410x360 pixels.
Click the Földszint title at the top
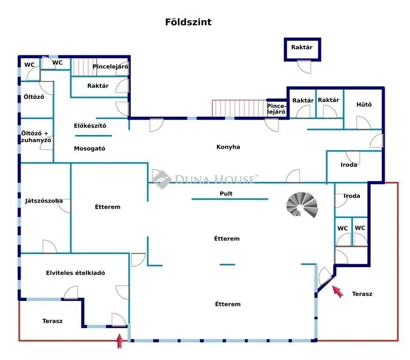[188, 22]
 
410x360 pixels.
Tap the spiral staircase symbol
[302, 205]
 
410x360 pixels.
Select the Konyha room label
[228, 147]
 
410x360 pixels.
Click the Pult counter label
[226, 194]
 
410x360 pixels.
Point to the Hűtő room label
[364, 105]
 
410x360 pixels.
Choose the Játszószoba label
[44, 201]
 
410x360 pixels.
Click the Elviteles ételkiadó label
[75, 273]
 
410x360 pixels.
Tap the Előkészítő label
[90, 126]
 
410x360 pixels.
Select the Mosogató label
[89, 149]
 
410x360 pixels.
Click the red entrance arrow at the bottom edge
[119, 341]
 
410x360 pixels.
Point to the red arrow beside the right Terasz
[338, 292]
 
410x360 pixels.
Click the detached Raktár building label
[302, 47]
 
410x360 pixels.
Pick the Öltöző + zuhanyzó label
[36, 137]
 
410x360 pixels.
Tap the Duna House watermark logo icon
[162, 180]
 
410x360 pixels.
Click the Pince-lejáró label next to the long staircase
[276, 109]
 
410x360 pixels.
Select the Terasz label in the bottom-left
[52, 321]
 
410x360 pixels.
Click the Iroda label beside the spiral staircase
[352, 196]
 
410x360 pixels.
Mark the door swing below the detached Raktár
[304, 67]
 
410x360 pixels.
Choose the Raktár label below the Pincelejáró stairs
[98, 86]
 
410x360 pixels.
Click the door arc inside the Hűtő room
[364, 122]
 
